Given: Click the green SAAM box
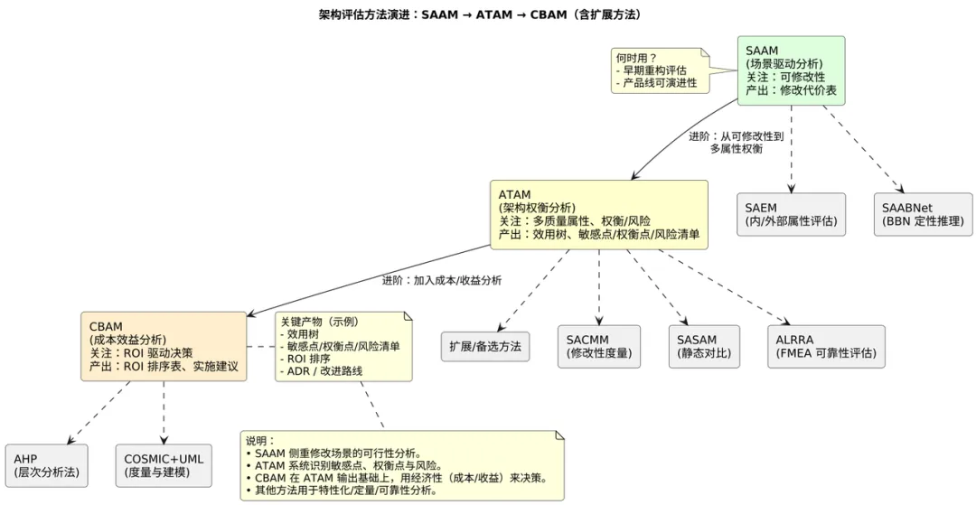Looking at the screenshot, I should (x=791, y=70).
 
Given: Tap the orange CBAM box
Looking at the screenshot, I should (x=164, y=346).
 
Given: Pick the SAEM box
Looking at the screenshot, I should (x=791, y=214).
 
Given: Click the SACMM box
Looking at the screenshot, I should (x=598, y=347).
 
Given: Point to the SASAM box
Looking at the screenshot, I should (x=704, y=347).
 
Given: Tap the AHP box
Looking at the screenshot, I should (x=46, y=465).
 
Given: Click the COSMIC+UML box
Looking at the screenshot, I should (x=164, y=465).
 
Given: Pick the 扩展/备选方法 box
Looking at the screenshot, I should (x=486, y=347).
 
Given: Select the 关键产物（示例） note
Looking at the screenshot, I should (x=343, y=346).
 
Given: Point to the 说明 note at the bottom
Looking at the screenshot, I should (x=402, y=465).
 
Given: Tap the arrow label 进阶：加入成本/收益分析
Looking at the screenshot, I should (x=442, y=280).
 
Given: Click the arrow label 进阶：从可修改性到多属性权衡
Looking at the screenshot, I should (x=737, y=142).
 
